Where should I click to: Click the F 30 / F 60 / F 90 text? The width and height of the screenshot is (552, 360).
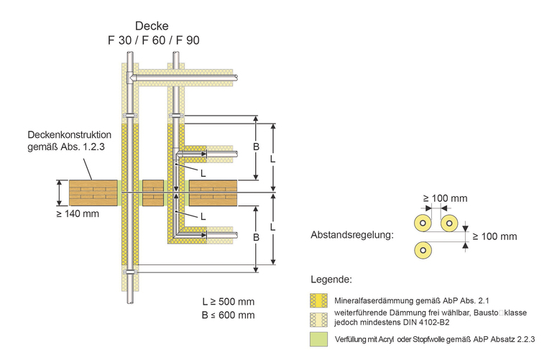point(149,40)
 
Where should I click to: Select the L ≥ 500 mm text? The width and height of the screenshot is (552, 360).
point(229,301)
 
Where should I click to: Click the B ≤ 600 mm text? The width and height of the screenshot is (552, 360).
point(229,315)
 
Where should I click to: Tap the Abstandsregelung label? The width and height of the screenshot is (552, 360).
point(351,236)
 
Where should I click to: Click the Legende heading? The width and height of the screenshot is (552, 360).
point(331,279)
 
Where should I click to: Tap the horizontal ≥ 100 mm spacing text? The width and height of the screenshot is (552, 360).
point(445,198)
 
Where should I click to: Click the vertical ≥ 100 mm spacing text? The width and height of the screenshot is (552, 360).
point(495,236)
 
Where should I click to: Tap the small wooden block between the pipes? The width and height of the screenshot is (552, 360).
point(152,193)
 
